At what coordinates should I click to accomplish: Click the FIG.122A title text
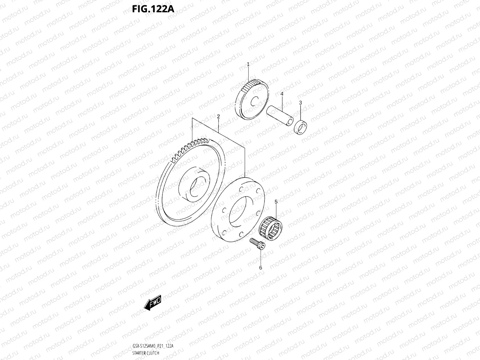[x=153, y=8]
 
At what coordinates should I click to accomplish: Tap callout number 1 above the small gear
[x=248, y=64]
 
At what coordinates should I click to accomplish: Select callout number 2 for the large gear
[x=218, y=116]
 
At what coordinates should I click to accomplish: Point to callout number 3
[x=300, y=103]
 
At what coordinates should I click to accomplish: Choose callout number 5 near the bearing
[x=276, y=202]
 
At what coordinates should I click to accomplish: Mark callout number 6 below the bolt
[x=261, y=268]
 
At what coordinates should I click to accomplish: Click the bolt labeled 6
[x=258, y=244]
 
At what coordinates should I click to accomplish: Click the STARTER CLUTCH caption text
[x=146, y=353]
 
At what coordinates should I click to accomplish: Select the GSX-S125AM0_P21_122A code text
[x=153, y=346]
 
